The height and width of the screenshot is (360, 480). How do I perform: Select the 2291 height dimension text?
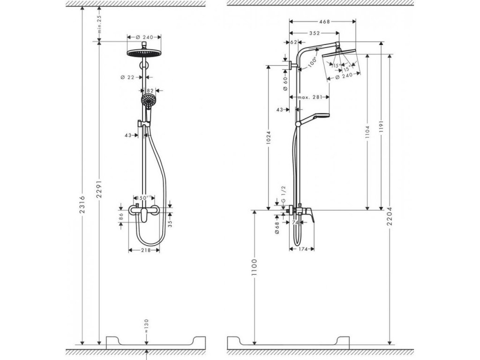99,191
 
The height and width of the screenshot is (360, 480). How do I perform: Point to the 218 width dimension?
145,251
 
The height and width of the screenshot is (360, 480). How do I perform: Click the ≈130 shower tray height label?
147,325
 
